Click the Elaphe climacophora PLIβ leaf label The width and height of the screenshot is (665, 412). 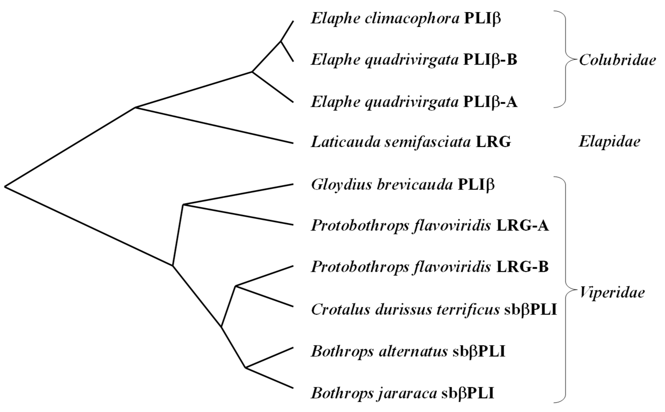click(x=405, y=18)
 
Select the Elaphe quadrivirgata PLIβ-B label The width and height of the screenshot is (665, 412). click(x=413, y=60)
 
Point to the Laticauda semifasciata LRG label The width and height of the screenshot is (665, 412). click(x=411, y=142)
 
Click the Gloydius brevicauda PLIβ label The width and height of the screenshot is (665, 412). click(x=402, y=185)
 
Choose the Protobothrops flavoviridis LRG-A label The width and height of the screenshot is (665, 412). click(x=430, y=226)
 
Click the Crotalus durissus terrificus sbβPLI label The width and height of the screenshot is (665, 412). click(x=434, y=310)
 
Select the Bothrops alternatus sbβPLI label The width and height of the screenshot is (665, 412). click(x=408, y=352)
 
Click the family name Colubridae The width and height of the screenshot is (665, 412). click(x=617, y=60)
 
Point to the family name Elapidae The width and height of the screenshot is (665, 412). click(x=609, y=142)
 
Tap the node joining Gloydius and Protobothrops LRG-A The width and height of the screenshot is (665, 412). click(x=183, y=204)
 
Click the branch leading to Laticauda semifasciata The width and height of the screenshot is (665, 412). click(x=215, y=125)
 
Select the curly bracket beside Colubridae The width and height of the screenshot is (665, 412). click(x=566, y=59)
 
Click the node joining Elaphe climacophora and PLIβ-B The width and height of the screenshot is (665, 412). click(x=281, y=41)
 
